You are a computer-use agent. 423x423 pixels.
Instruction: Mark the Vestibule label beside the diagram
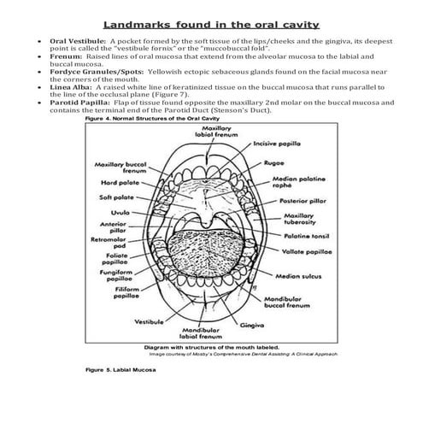click(150, 322)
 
